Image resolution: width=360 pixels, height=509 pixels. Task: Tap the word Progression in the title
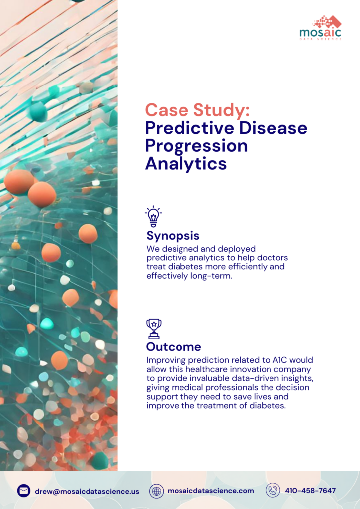coord(196,146)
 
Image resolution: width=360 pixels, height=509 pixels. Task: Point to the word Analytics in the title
coord(185,163)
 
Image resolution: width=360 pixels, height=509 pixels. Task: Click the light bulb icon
coord(153,216)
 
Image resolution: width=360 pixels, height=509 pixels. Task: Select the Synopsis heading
coord(173,235)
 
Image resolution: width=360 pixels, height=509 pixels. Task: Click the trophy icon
coord(154,329)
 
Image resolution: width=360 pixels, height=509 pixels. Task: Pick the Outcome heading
coord(174,347)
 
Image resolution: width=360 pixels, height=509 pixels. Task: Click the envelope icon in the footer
coord(23,491)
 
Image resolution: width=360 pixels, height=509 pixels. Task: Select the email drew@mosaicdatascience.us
coord(87,491)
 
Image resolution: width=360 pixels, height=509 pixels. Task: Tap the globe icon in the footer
coord(157,491)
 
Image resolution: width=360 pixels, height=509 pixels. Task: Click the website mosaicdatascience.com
coord(210,491)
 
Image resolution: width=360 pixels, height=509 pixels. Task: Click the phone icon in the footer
coord(272,491)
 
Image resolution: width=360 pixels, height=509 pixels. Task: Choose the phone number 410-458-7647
coord(310,491)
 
